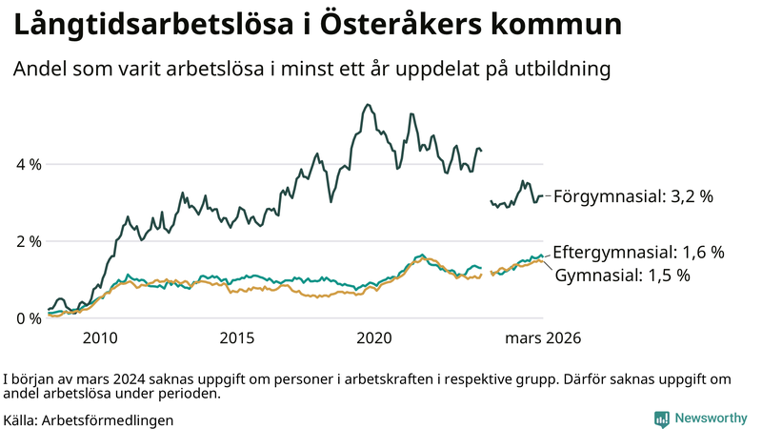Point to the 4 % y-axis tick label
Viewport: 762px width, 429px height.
pos(30,164)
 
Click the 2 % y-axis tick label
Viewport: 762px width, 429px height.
pos(30,241)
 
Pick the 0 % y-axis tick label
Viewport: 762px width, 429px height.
pos(30,318)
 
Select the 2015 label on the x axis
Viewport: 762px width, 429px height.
pos(237,338)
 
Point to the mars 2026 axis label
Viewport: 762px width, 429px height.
pos(543,338)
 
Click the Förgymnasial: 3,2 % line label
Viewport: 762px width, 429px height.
pos(633,196)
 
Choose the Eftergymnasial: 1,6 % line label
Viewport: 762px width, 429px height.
pos(639,253)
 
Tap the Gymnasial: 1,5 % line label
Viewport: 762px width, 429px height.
pos(622,276)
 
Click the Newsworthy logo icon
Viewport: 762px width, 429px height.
pos(661,419)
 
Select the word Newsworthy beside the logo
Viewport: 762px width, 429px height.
pos(711,419)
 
